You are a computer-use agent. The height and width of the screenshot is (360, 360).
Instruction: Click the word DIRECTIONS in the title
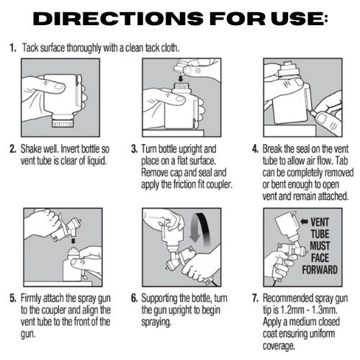click(x=118, y=19)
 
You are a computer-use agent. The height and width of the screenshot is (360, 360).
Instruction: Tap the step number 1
click(x=13, y=48)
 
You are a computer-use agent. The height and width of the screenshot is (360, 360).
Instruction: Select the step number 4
click(x=255, y=149)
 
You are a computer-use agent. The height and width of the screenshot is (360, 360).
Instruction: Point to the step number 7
click(x=255, y=298)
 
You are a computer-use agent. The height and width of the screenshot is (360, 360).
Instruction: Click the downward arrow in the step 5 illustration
click(x=73, y=240)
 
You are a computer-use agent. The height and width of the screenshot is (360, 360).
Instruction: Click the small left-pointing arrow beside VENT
click(x=304, y=221)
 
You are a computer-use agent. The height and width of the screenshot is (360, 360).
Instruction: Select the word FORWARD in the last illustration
click(x=320, y=270)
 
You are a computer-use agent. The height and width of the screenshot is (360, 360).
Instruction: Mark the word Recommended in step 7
click(x=287, y=298)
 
